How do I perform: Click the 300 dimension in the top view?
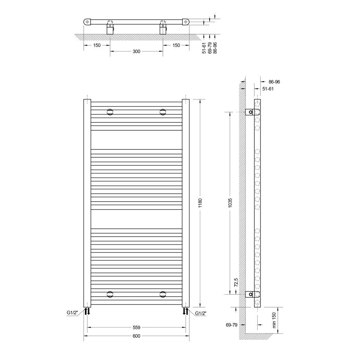(136, 51)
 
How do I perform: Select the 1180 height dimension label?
(200, 203)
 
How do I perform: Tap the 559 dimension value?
(136, 327)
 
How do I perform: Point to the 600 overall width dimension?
(136, 336)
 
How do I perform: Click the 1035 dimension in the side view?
(230, 203)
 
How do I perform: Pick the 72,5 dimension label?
(236, 283)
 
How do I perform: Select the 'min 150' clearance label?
(274, 320)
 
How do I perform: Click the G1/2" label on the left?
(72, 312)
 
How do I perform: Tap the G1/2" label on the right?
(201, 313)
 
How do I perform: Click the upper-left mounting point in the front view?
(110, 112)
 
